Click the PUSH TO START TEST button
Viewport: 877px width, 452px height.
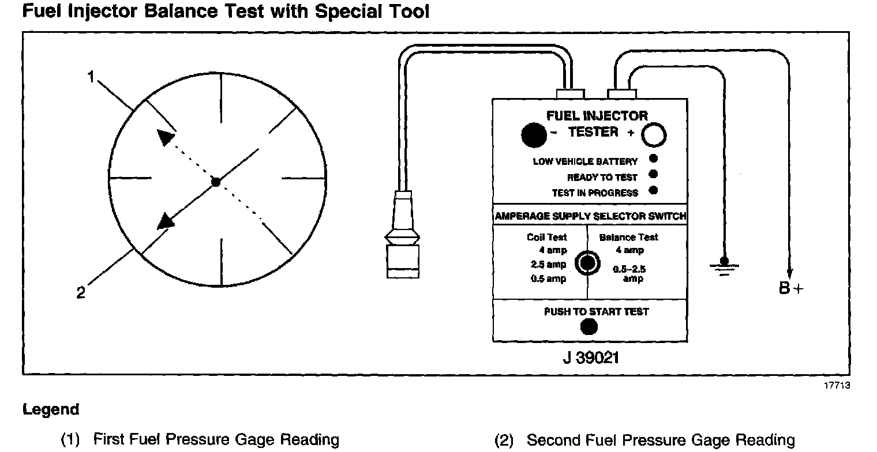pos(589,327)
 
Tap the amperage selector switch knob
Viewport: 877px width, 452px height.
pos(587,262)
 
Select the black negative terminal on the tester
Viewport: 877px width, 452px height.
pos(533,135)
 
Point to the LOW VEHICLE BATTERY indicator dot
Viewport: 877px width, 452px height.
pos(653,160)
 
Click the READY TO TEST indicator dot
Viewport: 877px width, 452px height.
pos(653,175)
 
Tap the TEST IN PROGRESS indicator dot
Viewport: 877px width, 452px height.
pos(653,190)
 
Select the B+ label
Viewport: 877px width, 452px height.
pos(791,289)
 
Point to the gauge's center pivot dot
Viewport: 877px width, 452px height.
pos(216,182)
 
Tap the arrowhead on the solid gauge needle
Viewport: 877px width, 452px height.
pos(166,221)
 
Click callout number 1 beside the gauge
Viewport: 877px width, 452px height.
pos(91,77)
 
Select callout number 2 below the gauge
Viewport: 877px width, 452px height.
pos(81,293)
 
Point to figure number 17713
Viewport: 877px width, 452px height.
pos(836,386)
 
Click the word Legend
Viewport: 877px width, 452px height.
pos(51,410)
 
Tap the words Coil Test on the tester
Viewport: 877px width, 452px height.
pos(546,237)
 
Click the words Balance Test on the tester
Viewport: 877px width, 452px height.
pos(628,237)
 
